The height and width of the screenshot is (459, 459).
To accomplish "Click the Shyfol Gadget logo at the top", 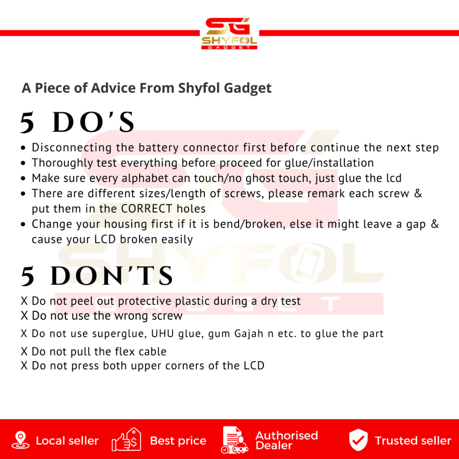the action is (229, 33).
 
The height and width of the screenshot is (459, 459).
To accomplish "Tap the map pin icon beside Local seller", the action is (20, 440).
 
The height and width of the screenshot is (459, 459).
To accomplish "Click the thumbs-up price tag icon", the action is (126, 440).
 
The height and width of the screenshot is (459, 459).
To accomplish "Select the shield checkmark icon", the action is (358, 440).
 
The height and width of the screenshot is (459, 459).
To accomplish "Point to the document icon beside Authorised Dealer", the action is (234, 440).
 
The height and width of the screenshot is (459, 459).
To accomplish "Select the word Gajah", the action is (249, 334).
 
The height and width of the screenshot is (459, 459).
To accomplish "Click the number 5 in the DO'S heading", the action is (27, 123).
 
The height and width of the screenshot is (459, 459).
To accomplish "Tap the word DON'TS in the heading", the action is (112, 276).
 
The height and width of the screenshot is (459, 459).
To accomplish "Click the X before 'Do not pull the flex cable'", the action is (24, 351).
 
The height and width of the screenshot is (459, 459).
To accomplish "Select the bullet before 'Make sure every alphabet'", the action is (23, 178).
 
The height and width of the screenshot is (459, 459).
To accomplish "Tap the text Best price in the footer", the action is (178, 441).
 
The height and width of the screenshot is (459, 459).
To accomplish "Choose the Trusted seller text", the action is (413, 441).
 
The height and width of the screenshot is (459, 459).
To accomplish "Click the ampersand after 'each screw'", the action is (418, 194).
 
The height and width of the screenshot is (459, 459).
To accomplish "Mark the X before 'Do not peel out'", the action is (24, 301).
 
